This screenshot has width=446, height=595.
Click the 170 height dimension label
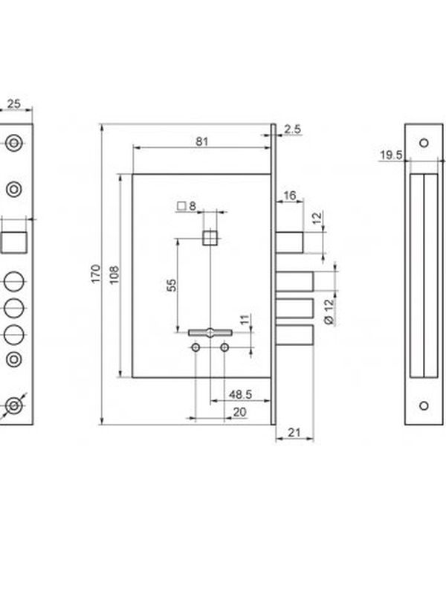[x=96, y=273]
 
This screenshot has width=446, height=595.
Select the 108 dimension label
[x=114, y=274]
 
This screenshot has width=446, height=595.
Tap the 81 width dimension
[x=201, y=141]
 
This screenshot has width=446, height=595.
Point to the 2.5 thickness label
[x=292, y=129]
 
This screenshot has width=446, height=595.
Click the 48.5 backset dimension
[x=240, y=394]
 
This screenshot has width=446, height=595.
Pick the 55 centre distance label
[x=172, y=285]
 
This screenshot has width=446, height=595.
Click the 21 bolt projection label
[x=294, y=432]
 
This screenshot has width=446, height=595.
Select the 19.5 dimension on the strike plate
[x=391, y=155]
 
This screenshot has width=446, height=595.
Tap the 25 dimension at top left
[x=13, y=103]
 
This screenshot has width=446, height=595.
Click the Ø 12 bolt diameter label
[x=329, y=312]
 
